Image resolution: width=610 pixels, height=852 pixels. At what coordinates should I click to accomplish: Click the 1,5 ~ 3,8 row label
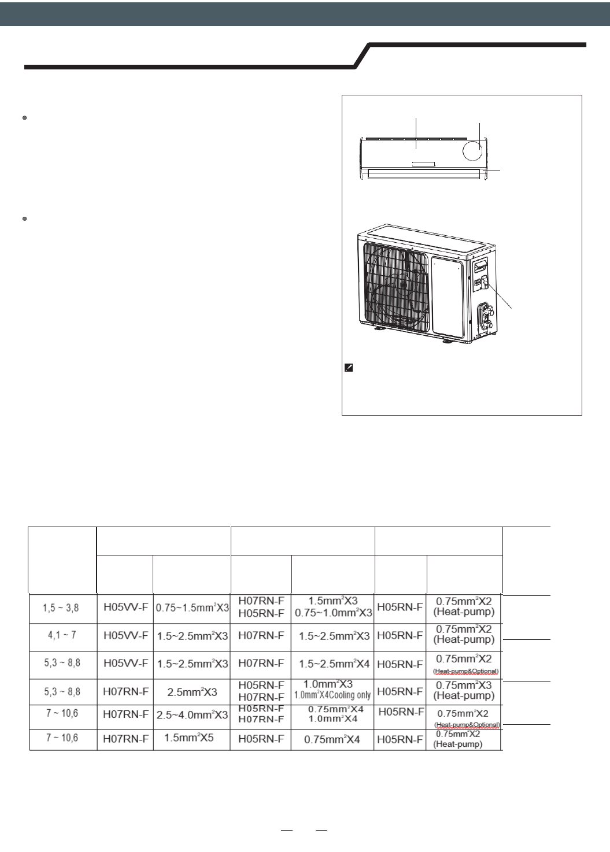(x=62, y=607)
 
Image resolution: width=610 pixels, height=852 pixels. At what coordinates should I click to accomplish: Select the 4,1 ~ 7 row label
(x=62, y=635)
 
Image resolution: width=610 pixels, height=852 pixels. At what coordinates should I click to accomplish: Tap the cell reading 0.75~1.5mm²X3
(x=192, y=608)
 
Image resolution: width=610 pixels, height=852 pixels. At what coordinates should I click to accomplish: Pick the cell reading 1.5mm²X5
(x=192, y=738)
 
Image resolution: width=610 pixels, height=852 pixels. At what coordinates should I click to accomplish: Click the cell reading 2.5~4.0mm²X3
(x=192, y=714)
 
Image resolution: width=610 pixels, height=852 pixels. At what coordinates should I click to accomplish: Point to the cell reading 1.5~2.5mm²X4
(x=333, y=664)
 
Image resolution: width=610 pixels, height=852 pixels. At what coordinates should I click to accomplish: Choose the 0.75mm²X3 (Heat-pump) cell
(x=464, y=690)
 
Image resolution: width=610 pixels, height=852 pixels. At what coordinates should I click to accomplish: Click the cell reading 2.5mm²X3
(x=192, y=691)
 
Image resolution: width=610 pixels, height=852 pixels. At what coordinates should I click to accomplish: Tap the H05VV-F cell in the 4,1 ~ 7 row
(x=125, y=635)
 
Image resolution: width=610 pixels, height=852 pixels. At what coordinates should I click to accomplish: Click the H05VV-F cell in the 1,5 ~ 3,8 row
(x=125, y=607)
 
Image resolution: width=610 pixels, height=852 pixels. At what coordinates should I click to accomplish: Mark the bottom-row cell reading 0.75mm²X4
(x=333, y=739)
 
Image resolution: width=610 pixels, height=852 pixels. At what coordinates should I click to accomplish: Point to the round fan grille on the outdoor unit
(x=393, y=287)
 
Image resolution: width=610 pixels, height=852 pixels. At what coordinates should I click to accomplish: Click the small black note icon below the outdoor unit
(x=349, y=368)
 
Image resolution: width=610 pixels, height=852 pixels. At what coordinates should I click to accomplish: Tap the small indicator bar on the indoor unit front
(x=424, y=164)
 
